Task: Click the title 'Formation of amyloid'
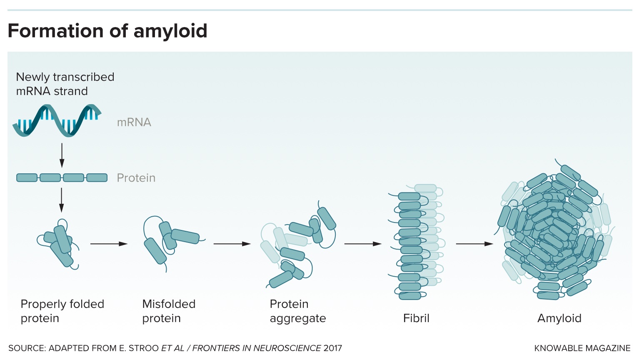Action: pos(107,31)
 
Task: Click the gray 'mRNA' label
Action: pos(134,122)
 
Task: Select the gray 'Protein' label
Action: pos(136,178)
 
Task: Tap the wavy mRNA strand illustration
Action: pos(57,120)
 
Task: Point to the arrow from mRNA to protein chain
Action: pos(62,155)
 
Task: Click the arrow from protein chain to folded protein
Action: pos(62,200)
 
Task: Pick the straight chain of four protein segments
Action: pos(62,178)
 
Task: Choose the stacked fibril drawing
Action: pos(414,242)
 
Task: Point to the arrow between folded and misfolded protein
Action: pos(109,244)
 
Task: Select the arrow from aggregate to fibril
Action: pos(363,244)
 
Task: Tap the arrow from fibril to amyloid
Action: pos(474,244)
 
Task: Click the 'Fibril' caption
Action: pos(416,318)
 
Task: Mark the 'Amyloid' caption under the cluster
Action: pos(559,318)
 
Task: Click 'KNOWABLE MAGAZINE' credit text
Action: pos(582,348)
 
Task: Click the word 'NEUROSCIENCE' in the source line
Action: pos(287,348)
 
